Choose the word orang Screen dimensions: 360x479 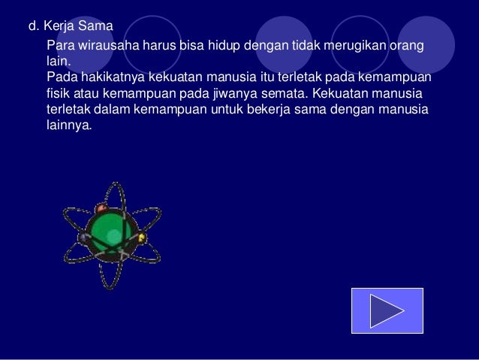coord(405,47)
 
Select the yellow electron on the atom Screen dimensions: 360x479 coord(142,240)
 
